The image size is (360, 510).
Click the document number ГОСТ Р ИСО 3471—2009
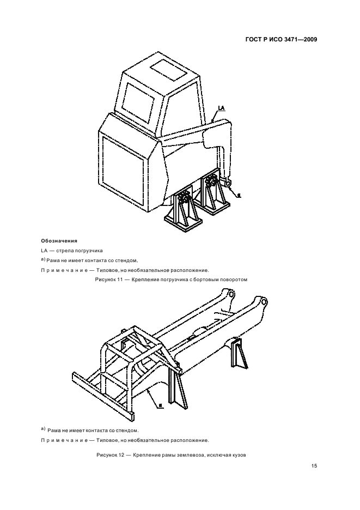282,39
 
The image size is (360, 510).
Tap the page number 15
314,466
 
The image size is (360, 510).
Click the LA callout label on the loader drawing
221,109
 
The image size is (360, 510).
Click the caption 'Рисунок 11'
112,279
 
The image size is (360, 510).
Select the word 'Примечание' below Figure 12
63,439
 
